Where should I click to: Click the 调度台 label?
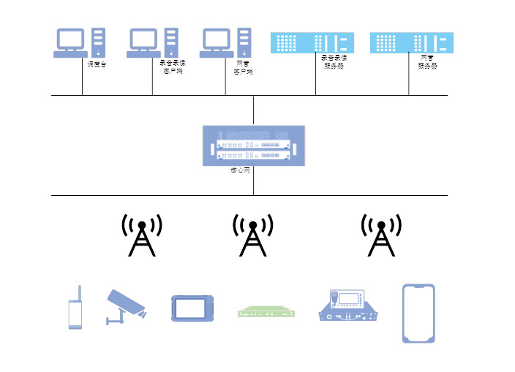[97, 64]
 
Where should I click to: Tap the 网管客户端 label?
[244, 67]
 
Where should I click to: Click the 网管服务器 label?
[427, 61]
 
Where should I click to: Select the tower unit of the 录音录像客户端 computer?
[171, 42]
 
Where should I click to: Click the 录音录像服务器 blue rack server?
[312, 42]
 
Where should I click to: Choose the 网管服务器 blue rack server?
[411, 42]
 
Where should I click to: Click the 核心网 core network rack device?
[253, 146]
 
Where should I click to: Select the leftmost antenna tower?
[142, 235]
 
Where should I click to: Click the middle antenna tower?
[252, 235]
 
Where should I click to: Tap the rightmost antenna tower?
[380, 235]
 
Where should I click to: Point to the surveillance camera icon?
[126, 305]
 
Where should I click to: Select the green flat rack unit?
[267, 313]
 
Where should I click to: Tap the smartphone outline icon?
[418, 313]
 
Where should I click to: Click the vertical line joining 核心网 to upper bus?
[253, 110]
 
